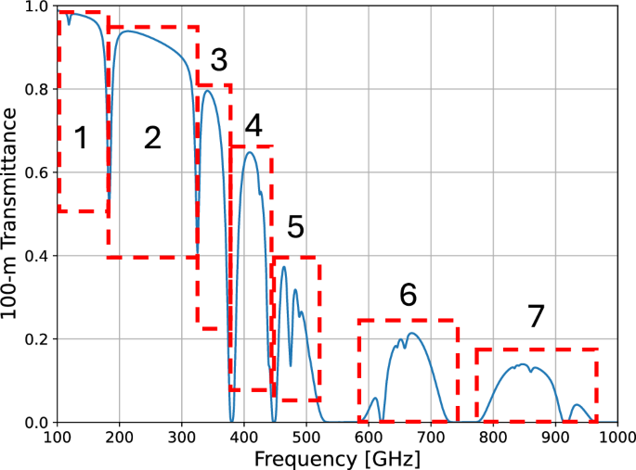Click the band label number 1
pos(81,139)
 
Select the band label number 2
pos(153,139)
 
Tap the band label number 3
pos(218,61)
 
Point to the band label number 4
pos(254,124)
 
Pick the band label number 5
pos(295,227)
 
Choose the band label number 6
pos(409,295)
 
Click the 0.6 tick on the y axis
pos(34,172)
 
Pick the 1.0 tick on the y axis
pos(34,6)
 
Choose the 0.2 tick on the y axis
pos(34,338)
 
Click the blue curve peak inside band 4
pos(250,152)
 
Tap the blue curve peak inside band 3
pos(209,90)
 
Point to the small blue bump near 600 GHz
pos(375,399)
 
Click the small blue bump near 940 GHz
pos(578,404)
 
